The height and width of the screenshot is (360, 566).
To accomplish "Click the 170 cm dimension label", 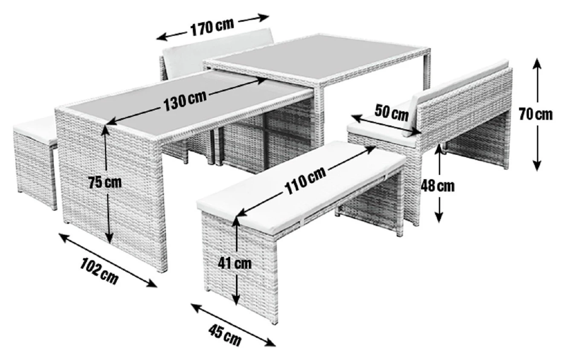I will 212,27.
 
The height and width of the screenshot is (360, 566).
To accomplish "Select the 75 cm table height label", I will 105,182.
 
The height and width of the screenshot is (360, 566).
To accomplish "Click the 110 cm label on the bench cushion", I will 305,179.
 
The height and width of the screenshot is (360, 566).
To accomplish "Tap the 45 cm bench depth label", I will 225,335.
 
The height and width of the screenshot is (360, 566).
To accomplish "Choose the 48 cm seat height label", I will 437,186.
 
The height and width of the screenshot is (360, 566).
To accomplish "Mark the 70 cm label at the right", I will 536,114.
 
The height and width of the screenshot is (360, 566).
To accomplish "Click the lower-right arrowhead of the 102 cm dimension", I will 152,285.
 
